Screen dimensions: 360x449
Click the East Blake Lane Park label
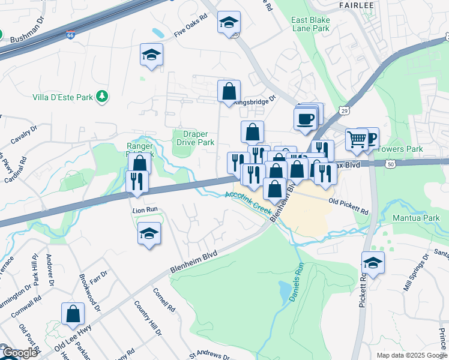310,24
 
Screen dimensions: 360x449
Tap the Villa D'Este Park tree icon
103,96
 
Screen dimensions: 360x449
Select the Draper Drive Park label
195,139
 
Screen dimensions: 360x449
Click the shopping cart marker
357,140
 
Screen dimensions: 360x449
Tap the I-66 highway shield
71,37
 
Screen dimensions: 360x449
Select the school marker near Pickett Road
373,263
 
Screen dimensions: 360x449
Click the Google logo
20,353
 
